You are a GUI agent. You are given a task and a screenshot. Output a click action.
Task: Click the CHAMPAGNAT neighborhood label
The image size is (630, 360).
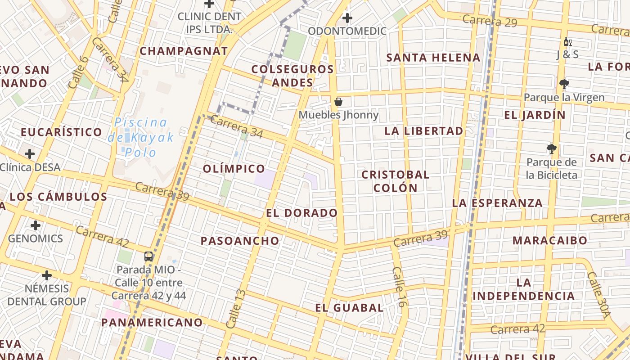coord(184,51)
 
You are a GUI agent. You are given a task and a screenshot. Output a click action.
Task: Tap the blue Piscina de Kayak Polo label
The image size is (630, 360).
coord(141,137)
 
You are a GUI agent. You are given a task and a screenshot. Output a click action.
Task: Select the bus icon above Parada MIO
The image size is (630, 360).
coord(148,256)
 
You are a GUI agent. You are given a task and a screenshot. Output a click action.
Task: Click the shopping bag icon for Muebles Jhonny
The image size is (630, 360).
coord(338,102)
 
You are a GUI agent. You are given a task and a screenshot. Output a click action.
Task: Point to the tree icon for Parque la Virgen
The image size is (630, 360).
coord(564,84)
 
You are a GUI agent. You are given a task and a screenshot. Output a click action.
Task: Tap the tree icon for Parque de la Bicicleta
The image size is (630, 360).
coord(551,149)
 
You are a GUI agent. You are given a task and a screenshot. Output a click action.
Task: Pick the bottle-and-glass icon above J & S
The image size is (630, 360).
coord(567,42)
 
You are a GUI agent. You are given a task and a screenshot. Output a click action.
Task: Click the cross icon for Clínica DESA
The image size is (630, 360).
coord(30,154)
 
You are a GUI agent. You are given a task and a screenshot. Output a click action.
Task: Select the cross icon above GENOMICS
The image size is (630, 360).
coord(36,225)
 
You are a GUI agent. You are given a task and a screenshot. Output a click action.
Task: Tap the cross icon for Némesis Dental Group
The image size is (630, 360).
coord(47,275)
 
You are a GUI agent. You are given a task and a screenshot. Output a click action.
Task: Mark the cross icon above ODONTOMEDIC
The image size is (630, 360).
coord(347,18)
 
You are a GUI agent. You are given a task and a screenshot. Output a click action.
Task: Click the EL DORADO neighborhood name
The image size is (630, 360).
coord(301,213)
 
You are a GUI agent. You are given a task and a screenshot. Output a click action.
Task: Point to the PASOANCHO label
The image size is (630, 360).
coord(240,241)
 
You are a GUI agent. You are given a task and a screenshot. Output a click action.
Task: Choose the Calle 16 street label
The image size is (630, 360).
coord(400,287)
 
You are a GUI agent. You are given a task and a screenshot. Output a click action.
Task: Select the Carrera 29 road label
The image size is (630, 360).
coord(490,21)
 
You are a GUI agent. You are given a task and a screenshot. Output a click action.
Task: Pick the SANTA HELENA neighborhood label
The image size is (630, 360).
coord(433,58)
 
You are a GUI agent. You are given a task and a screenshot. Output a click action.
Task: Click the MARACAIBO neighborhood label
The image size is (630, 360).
coord(549,240)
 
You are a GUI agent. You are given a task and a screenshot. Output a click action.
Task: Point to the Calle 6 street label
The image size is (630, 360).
coord(77,72)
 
